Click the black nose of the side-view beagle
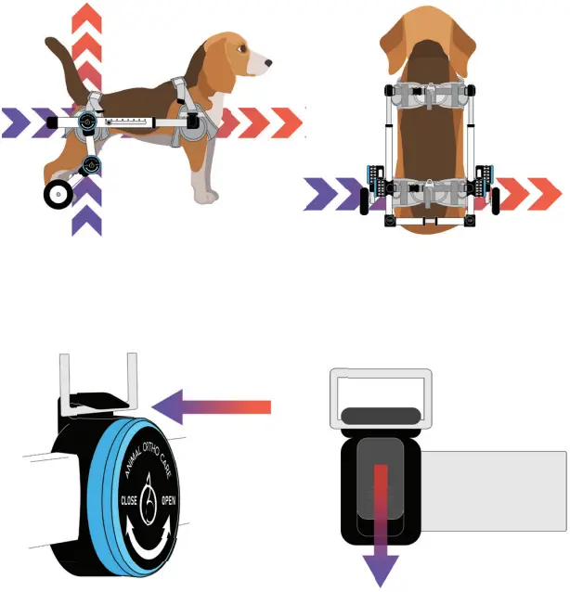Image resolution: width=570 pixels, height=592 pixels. pos(269,64)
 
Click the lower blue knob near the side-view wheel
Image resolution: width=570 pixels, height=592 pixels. pos(91,166)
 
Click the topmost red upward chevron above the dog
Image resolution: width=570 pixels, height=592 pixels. pos(87,16)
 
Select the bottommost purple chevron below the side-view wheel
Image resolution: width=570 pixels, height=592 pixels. pos(86,222)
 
